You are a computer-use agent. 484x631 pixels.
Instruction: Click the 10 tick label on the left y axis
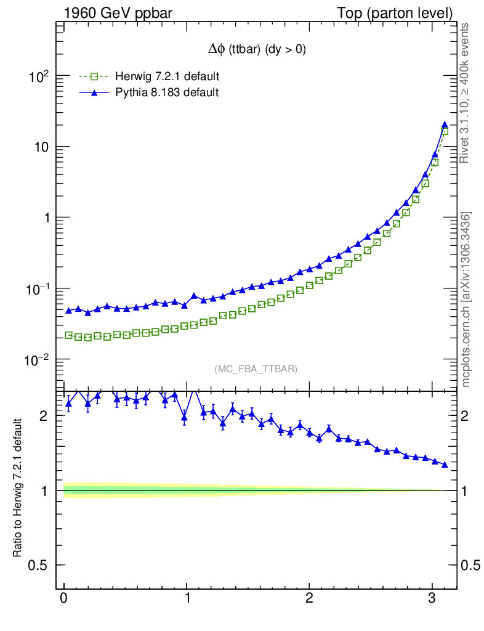[x=41, y=147]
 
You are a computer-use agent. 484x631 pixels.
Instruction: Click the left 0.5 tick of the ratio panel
[x=39, y=566]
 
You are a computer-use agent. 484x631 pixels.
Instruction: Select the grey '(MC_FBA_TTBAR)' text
[x=256, y=369]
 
